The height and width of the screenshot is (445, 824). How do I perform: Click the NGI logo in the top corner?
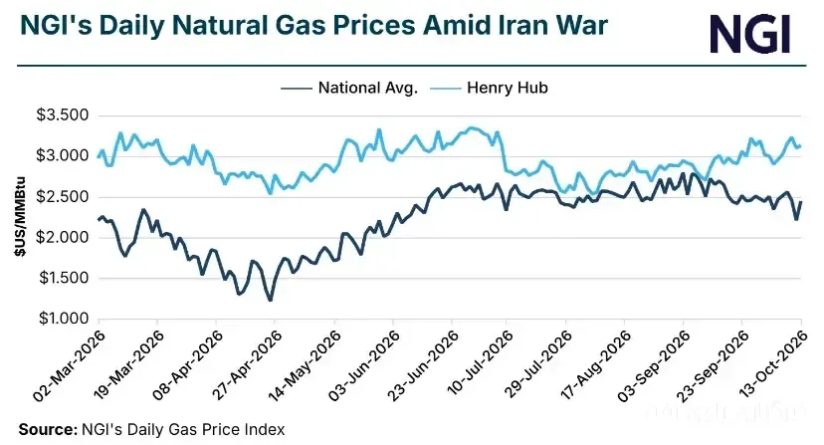(x=750, y=34)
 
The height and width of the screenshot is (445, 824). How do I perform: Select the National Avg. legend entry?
(x=349, y=88)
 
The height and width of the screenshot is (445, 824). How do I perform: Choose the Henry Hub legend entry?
(x=490, y=88)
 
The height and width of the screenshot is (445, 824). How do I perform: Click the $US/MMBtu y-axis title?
(x=20, y=217)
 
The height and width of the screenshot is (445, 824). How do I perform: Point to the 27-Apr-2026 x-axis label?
(x=246, y=365)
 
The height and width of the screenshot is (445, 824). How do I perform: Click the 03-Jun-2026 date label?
(x=363, y=365)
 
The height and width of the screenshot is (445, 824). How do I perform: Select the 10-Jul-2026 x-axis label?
(x=480, y=365)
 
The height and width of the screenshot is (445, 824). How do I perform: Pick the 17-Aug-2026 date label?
(x=595, y=365)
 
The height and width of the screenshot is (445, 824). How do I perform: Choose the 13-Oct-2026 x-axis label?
(x=771, y=365)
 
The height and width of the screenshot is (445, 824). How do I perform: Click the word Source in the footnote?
(x=48, y=429)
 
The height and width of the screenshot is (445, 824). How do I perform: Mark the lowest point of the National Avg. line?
(x=270, y=301)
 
